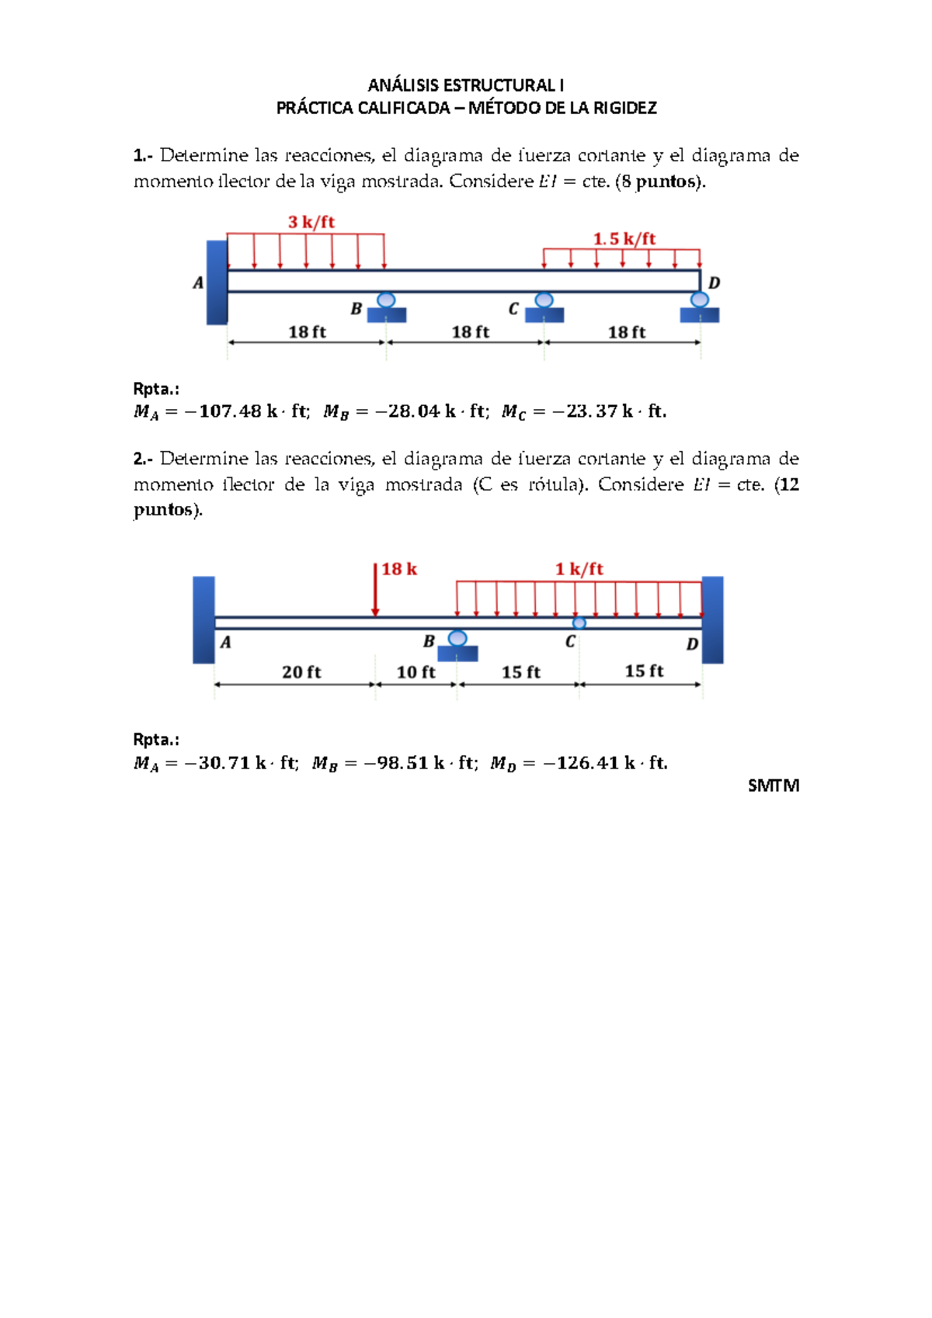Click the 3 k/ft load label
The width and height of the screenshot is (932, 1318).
point(311,222)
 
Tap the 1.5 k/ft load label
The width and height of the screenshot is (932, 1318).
point(624,238)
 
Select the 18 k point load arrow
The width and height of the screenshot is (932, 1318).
point(375,590)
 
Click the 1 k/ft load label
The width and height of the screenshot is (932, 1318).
point(579,569)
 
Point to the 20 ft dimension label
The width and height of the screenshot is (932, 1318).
point(301,671)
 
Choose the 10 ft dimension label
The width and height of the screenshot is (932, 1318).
point(416,671)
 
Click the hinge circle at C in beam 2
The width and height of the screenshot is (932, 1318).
point(579,623)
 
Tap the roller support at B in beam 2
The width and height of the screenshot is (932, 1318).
point(457,645)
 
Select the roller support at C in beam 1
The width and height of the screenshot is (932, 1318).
point(544,307)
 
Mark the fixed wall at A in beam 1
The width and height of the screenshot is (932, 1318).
point(217,282)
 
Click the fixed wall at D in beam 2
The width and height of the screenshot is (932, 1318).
point(712,619)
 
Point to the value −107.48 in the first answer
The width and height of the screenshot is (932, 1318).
point(224,411)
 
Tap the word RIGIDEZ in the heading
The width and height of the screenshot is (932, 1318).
point(624,108)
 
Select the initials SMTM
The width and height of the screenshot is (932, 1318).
point(773,786)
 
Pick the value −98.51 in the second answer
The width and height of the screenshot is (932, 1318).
point(396,762)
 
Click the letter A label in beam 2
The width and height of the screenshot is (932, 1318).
point(225,642)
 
